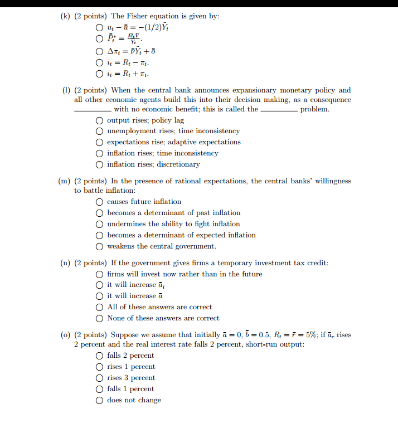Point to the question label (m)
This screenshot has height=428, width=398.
(65, 181)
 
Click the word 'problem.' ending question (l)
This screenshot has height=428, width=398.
(314, 109)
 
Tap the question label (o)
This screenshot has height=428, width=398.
(66, 335)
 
